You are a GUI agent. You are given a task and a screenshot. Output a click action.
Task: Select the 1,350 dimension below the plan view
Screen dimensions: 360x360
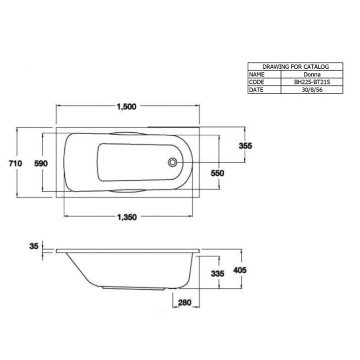pyautogui.click(x=127, y=217)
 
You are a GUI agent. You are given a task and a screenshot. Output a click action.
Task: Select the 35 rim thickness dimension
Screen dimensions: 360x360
pyautogui.click(x=34, y=247)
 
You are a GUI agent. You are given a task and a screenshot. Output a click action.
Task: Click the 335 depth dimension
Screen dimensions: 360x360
pyautogui.click(x=217, y=274)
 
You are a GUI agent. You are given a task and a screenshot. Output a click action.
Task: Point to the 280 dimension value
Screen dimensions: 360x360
pyautogui.click(x=185, y=303)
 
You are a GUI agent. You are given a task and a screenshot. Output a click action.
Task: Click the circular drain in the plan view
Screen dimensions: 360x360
pyautogui.click(x=172, y=162)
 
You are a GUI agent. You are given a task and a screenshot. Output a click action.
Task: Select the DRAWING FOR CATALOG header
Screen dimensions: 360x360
pyautogui.click(x=295, y=67)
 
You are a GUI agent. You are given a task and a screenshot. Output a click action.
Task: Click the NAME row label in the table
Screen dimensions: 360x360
pyautogui.click(x=256, y=75)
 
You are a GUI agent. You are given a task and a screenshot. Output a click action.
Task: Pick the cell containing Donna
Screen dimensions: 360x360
pyautogui.click(x=312, y=75)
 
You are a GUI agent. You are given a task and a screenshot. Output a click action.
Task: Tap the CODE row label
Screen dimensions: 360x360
pyautogui.click(x=256, y=83)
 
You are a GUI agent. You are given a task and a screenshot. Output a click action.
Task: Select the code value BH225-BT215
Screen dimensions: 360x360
pyautogui.click(x=312, y=83)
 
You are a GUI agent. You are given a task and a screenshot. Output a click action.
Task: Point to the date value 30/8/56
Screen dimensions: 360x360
pyautogui.click(x=312, y=90)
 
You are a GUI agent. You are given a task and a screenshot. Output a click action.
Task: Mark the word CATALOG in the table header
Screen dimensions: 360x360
pyautogui.click(x=316, y=67)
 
